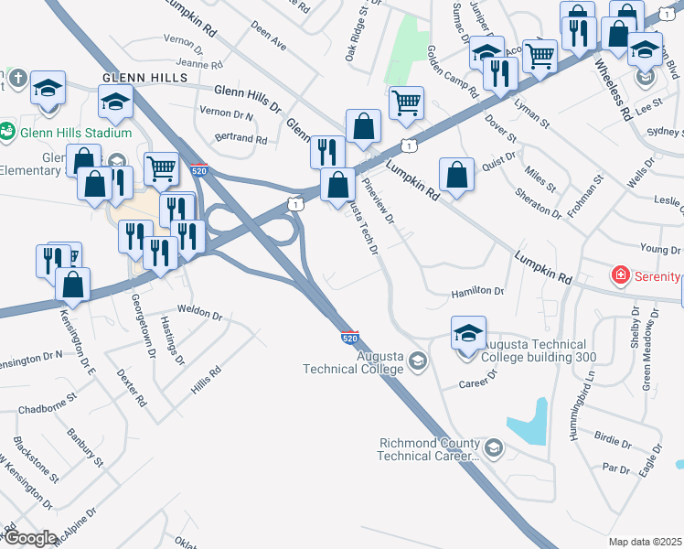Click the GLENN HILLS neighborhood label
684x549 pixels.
(145, 79)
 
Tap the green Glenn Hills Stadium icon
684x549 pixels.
(8, 132)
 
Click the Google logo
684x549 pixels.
(30, 538)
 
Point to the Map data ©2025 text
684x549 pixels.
(646, 542)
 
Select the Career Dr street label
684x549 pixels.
(477, 376)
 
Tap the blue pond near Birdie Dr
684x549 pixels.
(529, 423)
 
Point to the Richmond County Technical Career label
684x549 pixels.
(429, 449)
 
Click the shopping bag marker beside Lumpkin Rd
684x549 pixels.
(456, 174)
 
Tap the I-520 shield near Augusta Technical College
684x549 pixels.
(349, 337)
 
